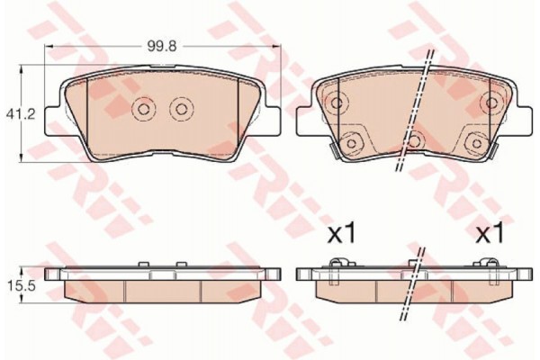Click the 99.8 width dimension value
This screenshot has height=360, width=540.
pos(162,46)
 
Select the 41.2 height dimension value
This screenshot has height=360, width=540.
pos(21,114)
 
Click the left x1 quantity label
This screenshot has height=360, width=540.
pos(341,234)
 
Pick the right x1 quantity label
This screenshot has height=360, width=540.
pos(490,234)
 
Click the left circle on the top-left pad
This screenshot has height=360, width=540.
pos(143,109)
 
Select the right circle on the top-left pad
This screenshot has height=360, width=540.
pos(181,109)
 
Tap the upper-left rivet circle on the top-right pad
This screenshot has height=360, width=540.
pos(336,103)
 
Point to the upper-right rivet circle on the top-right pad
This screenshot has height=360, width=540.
pos(490,103)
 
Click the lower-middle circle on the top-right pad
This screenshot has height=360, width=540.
pos(415,140)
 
